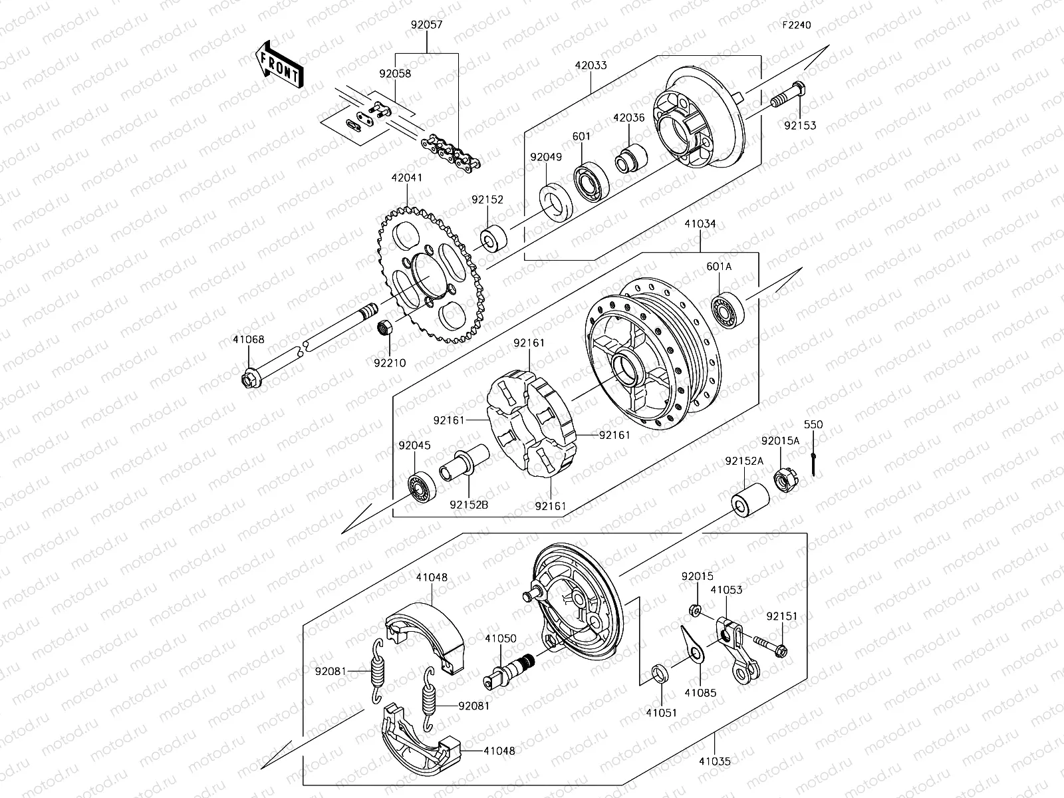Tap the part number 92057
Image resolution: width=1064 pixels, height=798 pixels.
[426, 25]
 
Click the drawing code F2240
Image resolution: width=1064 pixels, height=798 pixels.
[796, 25]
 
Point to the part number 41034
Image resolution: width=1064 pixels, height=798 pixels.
[700, 224]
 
